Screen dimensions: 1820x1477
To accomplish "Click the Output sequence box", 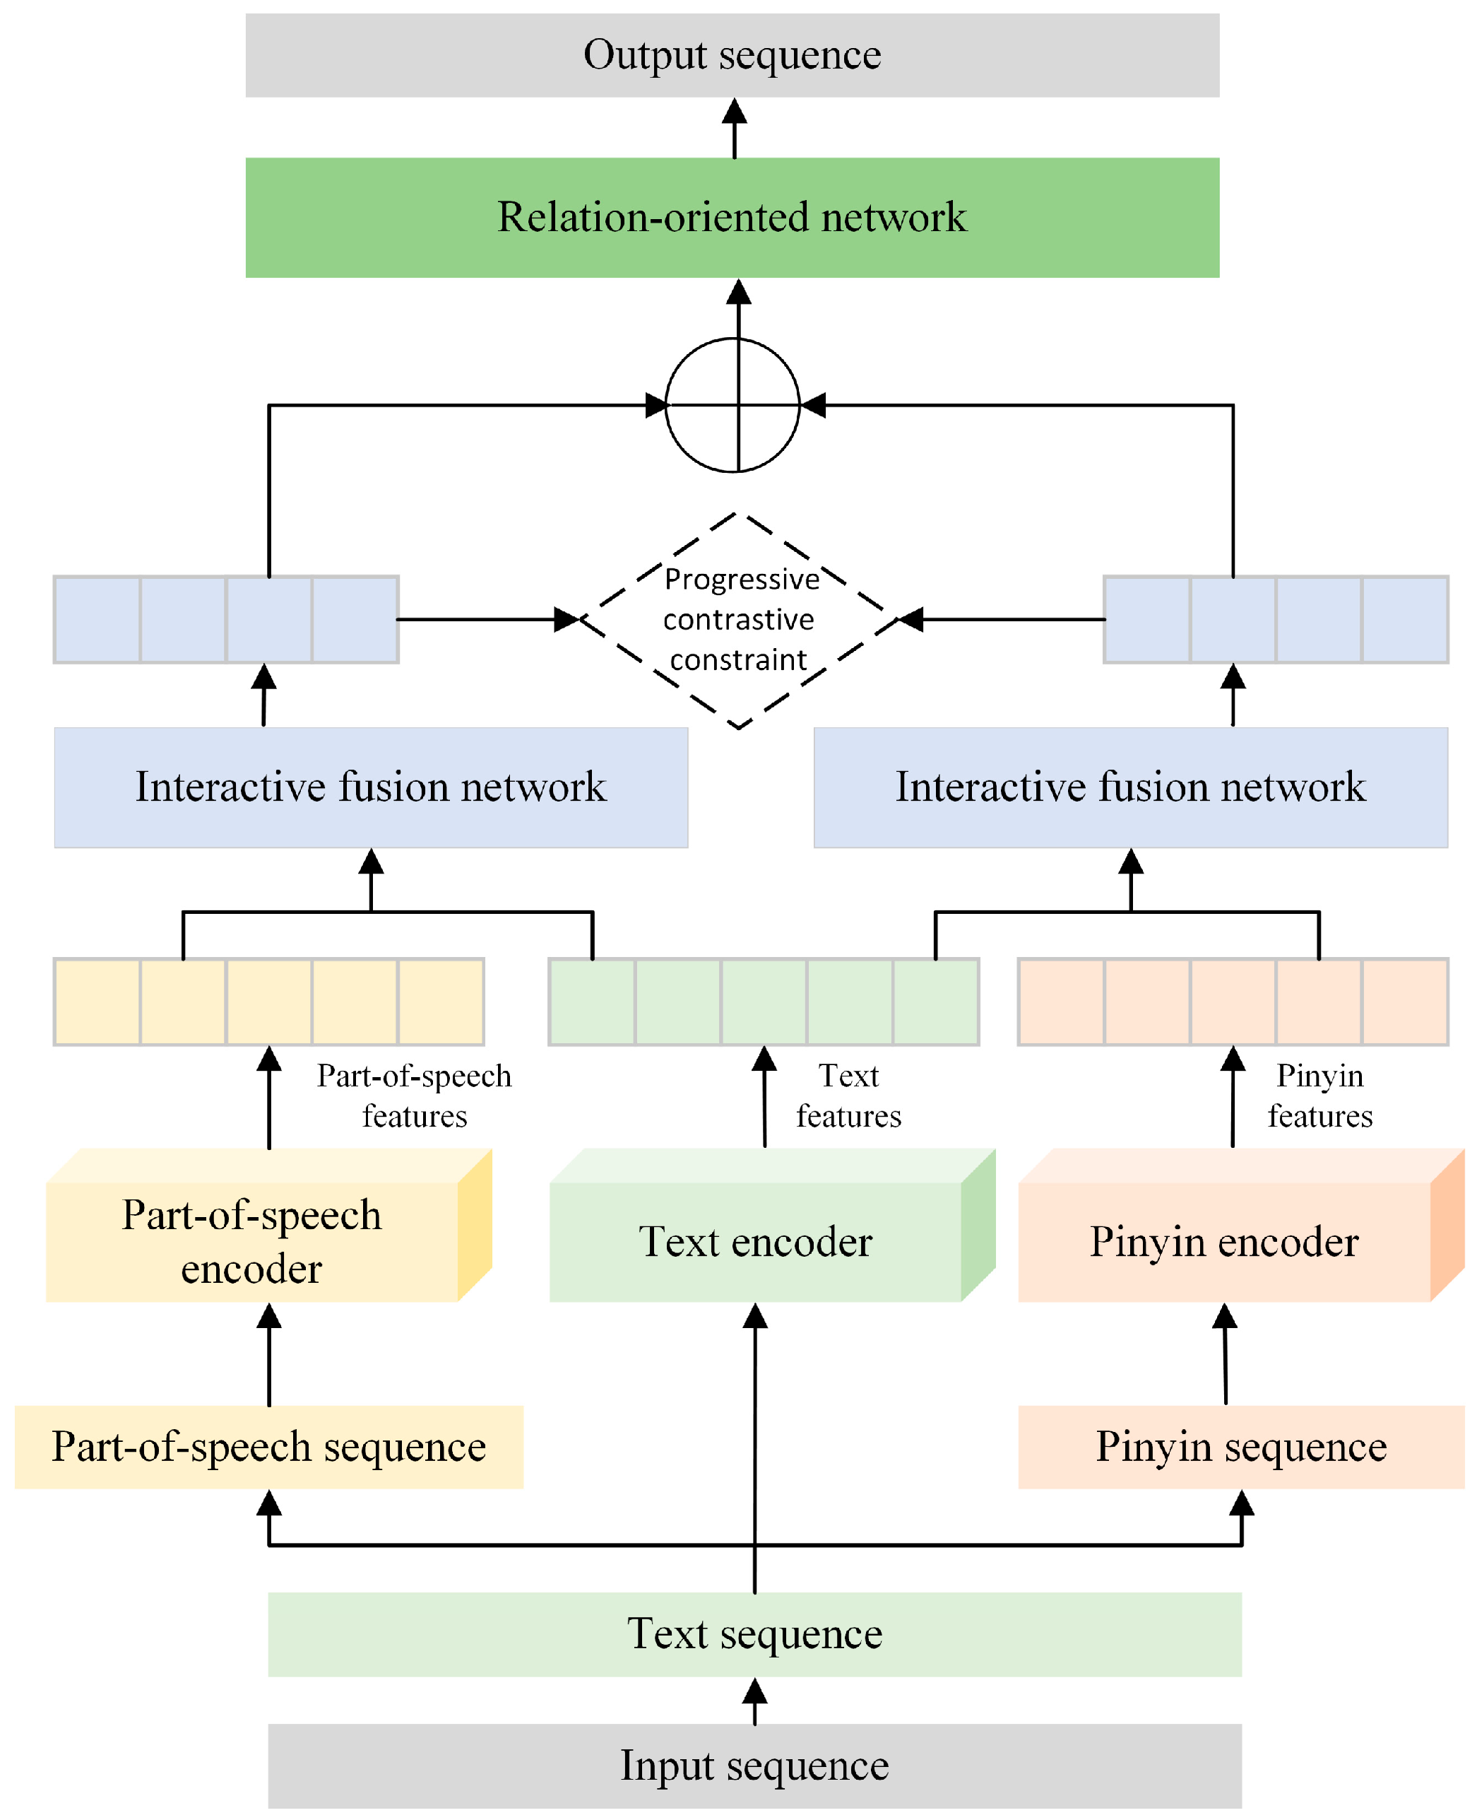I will (732, 55).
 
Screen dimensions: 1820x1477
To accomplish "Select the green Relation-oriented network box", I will (732, 217).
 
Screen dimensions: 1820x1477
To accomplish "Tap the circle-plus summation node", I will (732, 405).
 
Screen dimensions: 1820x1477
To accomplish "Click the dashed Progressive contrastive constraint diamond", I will (739, 620).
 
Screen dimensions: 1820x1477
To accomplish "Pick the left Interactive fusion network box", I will (371, 787).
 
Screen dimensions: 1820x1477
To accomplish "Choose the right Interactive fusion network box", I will (1130, 787).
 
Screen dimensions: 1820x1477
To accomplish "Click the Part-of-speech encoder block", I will (252, 1241).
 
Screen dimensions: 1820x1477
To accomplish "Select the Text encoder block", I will (756, 1241).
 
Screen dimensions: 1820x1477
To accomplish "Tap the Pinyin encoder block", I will (1223, 1241).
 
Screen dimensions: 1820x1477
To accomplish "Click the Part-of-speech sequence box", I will (269, 1447).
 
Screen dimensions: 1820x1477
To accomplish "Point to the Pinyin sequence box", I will (1240, 1447).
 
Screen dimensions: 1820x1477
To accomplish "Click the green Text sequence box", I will (754, 1633).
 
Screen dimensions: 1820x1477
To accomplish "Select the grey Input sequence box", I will (754, 1766).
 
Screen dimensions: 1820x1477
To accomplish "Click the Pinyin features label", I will (1319, 1096).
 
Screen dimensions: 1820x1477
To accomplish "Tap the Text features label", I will (848, 1096).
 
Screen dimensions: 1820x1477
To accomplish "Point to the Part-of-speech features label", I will (415, 1096).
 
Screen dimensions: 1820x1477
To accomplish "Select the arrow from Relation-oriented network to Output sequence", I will (734, 129).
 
